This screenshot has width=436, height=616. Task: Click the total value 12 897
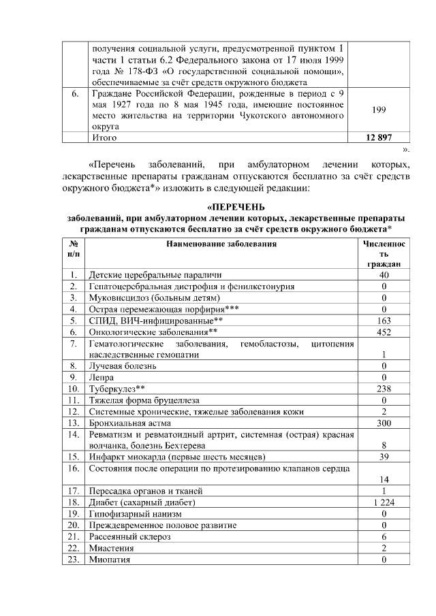point(379,137)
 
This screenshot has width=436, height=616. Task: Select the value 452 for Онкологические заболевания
point(384,331)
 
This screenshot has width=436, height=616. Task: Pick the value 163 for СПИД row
point(384,320)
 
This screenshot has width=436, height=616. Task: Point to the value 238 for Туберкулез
point(384,389)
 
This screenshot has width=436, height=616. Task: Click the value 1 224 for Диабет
point(384,502)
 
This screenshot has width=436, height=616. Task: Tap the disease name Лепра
point(102,377)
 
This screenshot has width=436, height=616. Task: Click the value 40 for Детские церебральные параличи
point(384,274)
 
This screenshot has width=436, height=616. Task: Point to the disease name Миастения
point(111,548)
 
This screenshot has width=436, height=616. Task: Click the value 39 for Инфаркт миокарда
point(384,456)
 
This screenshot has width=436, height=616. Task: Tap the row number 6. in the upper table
point(75,93)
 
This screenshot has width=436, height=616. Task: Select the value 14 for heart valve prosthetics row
point(384,479)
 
